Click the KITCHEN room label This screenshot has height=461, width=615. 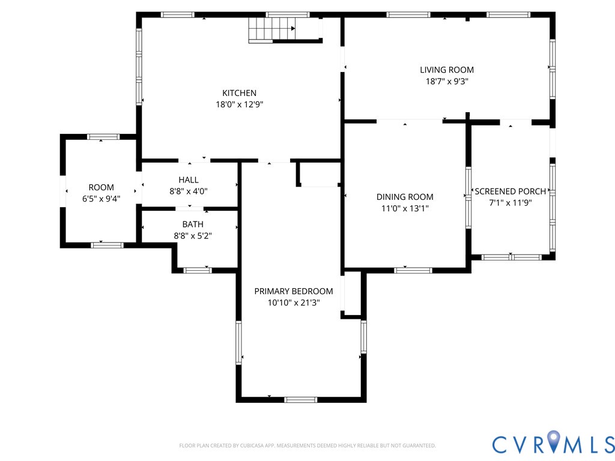pos(239,93)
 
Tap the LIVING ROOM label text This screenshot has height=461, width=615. pos(447,70)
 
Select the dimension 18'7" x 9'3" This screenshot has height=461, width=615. pos(447,82)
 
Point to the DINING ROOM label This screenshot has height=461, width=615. pos(405,197)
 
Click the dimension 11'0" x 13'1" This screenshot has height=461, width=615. pos(405,208)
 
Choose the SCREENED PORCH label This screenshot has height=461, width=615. pos(510,191)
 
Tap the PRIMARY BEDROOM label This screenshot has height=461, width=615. pos(293,291)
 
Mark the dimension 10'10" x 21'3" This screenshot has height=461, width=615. pos(293,303)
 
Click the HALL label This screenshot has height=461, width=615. pos(188,180)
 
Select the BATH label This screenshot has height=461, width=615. pos(193,224)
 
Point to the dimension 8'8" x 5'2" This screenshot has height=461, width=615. pos(193,235)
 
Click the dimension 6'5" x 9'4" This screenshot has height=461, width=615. pos(101,199)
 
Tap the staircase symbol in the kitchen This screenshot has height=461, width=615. pos(272,29)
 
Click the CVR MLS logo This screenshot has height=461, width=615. pos(553,444)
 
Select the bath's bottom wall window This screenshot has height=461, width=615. pos(198,270)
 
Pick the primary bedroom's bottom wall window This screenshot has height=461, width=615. pos(300,399)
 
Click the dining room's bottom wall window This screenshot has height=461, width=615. pos(413,270)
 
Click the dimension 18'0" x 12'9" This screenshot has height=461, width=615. pos(239,104)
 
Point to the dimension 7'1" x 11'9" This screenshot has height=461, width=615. pos(510,203)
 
